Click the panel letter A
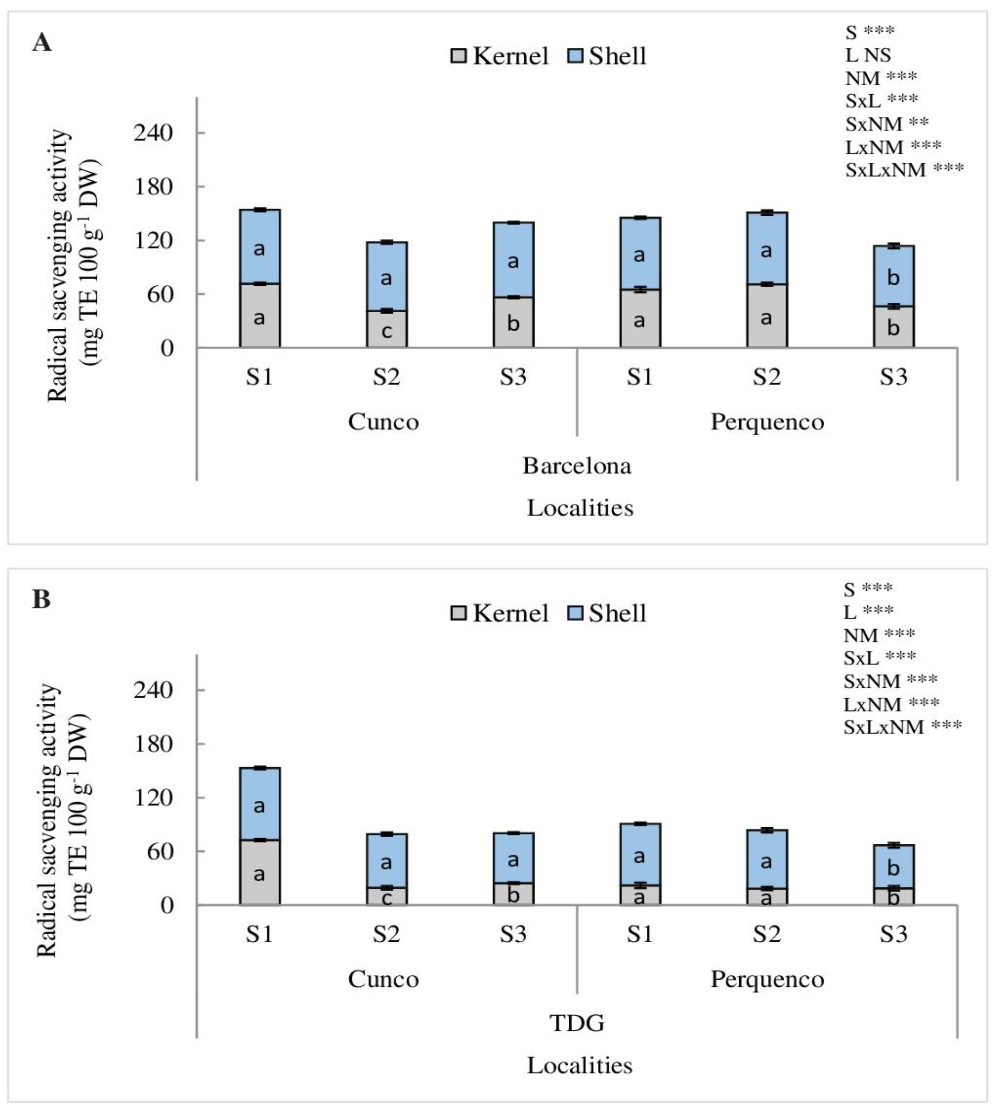pyautogui.click(x=42, y=42)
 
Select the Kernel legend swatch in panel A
pyautogui.click(x=458, y=56)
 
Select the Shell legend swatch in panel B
pyautogui.click(x=575, y=613)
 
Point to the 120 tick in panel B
pyautogui.click(x=153, y=798)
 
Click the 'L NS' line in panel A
pyautogui.click(x=868, y=55)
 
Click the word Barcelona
pyautogui.click(x=576, y=466)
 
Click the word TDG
pyautogui.click(x=577, y=1023)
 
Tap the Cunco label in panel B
pyautogui.click(x=383, y=979)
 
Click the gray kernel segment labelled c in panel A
pyautogui.click(x=387, y=329)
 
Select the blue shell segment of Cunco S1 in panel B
pyautogui.click(x=259, y=804)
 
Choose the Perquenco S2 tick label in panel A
pyautogui.click(x=767, y=377)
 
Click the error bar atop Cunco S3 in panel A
pyautogui.click(x=513, y=222)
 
